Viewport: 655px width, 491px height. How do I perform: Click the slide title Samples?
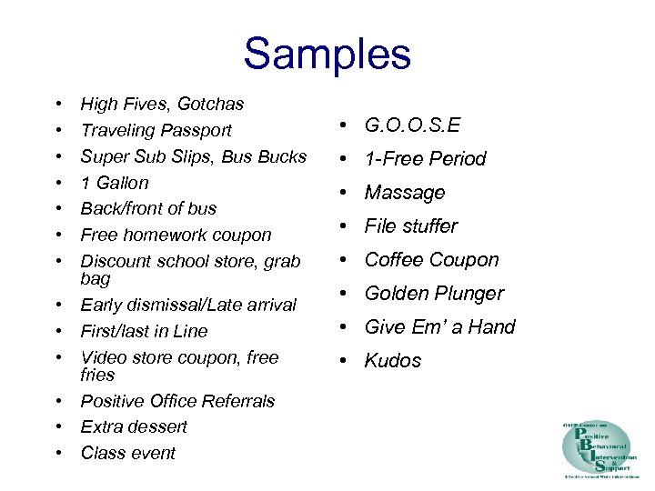click(x=327, y=54)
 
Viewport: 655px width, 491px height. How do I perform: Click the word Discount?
click(x=116, y=261)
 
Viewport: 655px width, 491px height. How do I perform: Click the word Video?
click(x=103, y=357)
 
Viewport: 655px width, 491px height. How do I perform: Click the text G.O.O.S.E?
click(x=412, y=125)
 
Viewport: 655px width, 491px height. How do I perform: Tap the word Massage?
click(x=405, y=193)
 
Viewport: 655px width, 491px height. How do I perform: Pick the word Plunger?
click(x=469, y=294)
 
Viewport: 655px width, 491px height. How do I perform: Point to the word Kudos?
click(x=393, y=361)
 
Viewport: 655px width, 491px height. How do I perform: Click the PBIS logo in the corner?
click(x=600, y=450)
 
